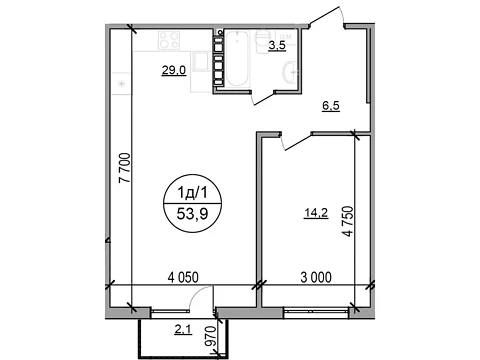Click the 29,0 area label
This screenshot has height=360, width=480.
click(174, 71)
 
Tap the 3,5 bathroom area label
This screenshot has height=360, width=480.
click(277, 46)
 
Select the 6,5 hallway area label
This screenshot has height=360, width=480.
click(331, 106)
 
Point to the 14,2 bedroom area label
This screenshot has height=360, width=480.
click(316, 213)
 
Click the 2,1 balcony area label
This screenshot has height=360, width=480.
click(183, 330)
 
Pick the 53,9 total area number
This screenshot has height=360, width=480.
click(193, 214)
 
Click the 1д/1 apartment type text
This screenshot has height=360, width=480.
click(192, 192)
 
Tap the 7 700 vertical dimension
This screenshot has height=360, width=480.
click(125, 168)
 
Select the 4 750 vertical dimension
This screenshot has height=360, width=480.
click(348, 222)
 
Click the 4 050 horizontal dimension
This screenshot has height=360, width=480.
click(183, 277)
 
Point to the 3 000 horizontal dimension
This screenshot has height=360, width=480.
click(316, 277)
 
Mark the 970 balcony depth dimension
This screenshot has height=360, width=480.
click(212, 336)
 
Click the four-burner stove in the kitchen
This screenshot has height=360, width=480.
click(169, 40)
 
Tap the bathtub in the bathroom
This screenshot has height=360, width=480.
click(237, 59)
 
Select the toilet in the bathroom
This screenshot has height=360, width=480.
click(262, 41)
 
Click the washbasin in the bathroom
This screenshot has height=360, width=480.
click(290, 72)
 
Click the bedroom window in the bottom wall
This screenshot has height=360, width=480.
click(316, 312)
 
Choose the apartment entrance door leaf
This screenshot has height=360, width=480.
click(326, 16)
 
